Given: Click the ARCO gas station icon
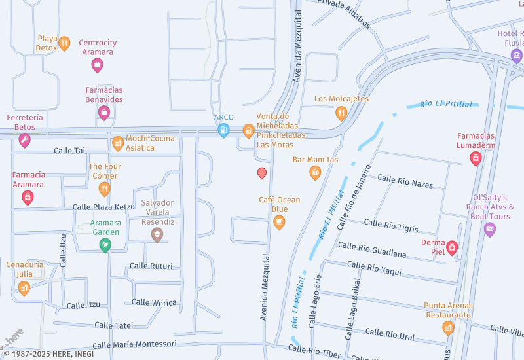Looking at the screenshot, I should [x=224, y=130].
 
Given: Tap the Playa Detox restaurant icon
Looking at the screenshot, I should [x=64, y=44].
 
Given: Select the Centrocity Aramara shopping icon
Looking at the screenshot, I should [x=98, y=64].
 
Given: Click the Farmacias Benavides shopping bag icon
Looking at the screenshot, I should [x=103, y=113].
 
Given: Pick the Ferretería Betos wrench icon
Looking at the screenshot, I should [x=24, y=140].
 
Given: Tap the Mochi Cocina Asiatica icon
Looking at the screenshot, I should [x=118, y=143].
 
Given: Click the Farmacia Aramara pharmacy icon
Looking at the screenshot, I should [x=28, y=197].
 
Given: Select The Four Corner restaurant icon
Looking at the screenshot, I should [x=105, y=189].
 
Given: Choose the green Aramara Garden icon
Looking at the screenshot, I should [x=104, y=245].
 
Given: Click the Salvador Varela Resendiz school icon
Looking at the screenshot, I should [x=157, y=234].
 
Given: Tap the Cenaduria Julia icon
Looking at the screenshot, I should [x=24, y=287].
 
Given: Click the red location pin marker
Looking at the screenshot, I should [x=262, y=173].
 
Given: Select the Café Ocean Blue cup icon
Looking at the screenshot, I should [x=279, y=223].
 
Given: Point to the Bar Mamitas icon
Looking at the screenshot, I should [x=315, y=173].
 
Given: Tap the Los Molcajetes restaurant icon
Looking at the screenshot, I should [x=341, y=113].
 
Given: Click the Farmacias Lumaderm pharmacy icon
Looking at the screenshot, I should [x=476, y=158].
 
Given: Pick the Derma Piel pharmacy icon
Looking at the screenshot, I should [x=451, y=248].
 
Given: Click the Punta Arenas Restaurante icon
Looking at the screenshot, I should [x=448, y=327].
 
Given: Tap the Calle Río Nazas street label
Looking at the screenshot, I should [x=405, y=181].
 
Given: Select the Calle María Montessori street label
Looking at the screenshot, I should [x=134, y=344].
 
